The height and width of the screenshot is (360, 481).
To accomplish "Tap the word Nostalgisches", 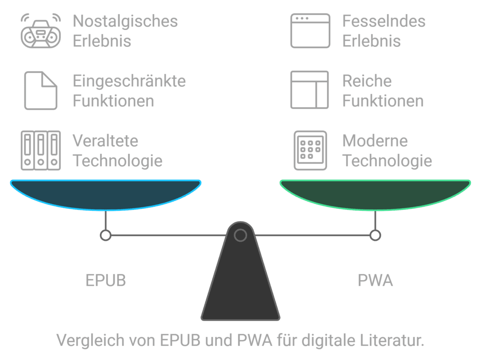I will (x=125, y=22).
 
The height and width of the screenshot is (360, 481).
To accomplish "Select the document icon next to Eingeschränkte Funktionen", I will (x=41, y=91).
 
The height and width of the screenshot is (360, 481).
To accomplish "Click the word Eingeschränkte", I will (x=129, y=81).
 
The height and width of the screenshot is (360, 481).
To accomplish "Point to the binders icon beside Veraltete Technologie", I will (x=41, y=150).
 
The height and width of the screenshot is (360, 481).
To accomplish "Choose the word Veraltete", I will (x=105, y=141).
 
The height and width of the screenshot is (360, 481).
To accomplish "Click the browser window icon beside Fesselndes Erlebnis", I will (x=310, y=31).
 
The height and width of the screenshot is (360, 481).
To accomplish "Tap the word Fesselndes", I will (x=384, y=22).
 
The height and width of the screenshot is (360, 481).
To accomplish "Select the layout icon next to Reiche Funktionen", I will (x=310, y=90).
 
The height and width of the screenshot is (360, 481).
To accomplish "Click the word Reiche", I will (x=367, y=81).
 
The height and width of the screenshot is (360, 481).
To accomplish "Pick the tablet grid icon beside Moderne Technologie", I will (x=310, y=150).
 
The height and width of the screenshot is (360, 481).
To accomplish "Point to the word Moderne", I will (x=375, y=141).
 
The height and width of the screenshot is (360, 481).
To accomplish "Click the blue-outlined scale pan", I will (x=106, y=194).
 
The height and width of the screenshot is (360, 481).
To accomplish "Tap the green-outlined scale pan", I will (x=375, y=194).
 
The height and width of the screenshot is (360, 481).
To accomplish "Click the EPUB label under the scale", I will (x=106, y=281).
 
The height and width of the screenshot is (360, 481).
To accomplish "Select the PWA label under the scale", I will (x=375, y=281).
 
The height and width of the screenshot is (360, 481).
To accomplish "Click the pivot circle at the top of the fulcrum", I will (x=240, y=235).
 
